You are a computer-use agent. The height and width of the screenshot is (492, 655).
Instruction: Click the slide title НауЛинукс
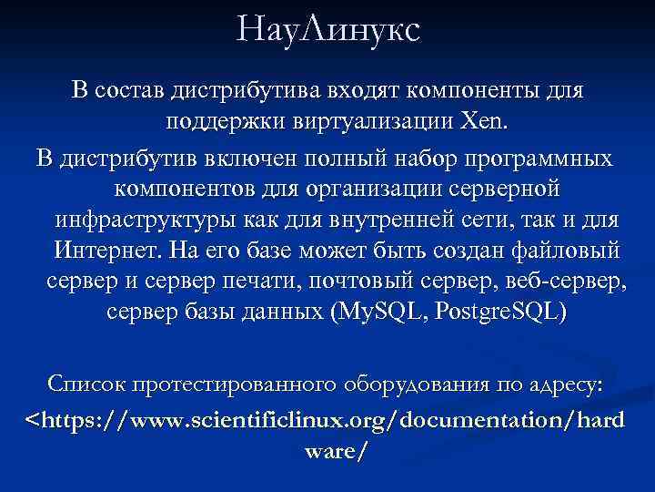click(327, 30)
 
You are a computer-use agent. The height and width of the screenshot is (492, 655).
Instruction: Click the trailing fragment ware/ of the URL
click(327, 450)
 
